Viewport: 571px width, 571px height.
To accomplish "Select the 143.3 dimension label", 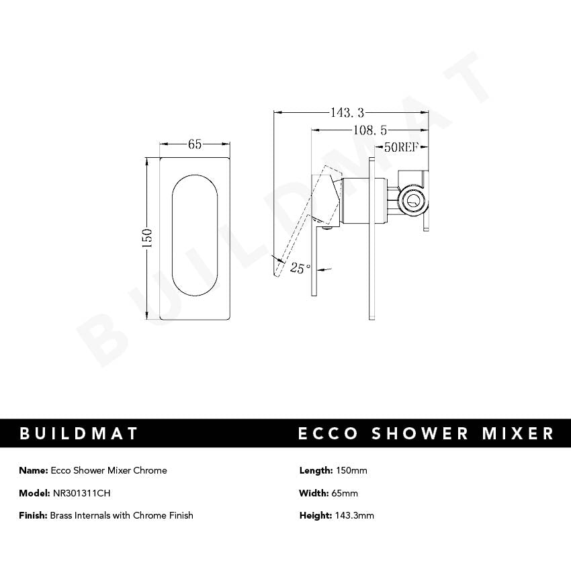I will click(x=347, y=113).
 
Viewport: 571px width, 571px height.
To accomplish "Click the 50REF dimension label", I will click(x=401, y=148).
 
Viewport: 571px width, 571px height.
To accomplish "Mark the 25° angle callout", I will click(x=300, y=268).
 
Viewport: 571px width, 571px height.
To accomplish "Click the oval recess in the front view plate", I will click(x=195, y=235).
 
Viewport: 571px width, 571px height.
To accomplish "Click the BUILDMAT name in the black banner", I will click(x=79, y=433).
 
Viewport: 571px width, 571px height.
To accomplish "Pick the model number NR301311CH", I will click(x=81, y=493).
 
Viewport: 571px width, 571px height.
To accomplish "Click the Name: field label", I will click(x=34, y=470).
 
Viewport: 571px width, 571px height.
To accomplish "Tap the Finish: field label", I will click(x=34, y=515).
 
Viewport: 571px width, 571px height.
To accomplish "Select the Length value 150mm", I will click(x=351, y=470).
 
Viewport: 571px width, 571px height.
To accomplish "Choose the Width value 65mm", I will click(x=345, y=493).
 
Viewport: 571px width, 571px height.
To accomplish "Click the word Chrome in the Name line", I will click(x=150, y=470).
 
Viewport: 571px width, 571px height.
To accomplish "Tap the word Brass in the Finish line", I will click(x=62, y=515).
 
